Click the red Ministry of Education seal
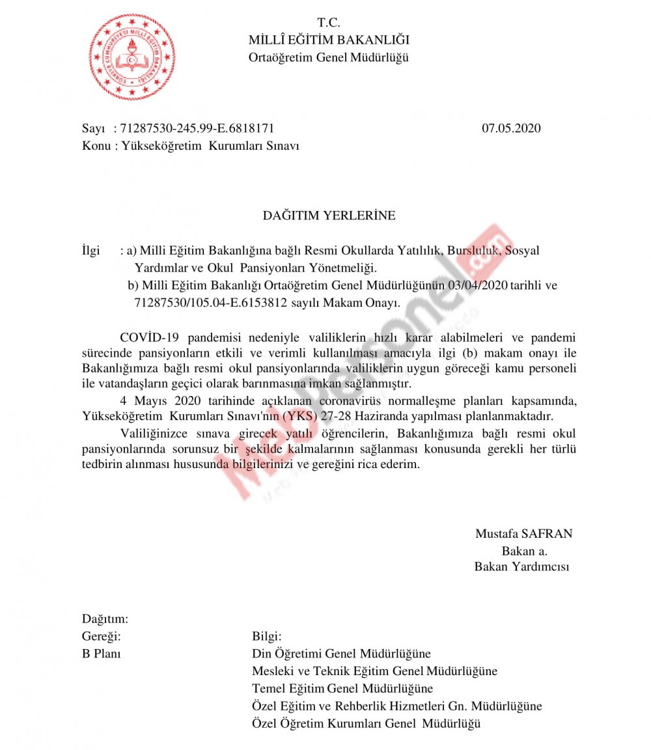132,57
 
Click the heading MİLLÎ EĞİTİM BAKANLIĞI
329,40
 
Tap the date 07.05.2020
511,128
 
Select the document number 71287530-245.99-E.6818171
193,128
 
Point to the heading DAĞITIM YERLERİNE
329,215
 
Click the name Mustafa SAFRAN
523,534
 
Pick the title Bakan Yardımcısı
521,566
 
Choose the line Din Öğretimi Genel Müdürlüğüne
341,654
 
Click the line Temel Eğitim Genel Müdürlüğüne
342,688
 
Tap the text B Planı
101,654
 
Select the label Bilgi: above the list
266,636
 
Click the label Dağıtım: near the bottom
105,618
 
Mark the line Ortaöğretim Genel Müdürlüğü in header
329,57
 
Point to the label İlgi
91,251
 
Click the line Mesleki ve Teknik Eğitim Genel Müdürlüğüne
374,671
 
